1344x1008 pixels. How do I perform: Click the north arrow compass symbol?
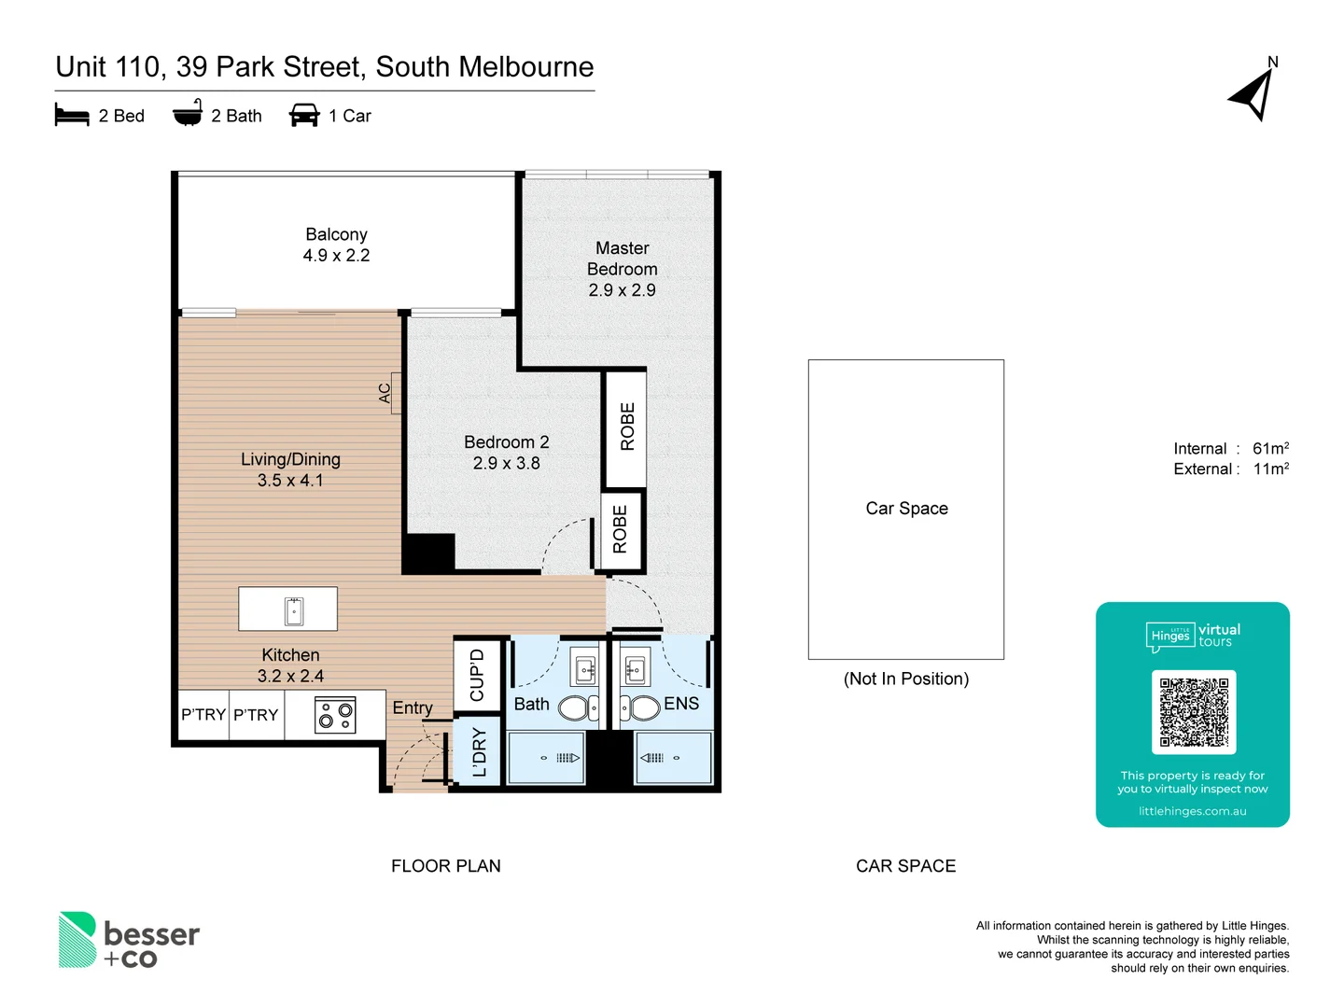coord(1253,94)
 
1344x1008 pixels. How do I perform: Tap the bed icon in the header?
coord(72,116)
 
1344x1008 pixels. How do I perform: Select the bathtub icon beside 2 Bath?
coord(188,114)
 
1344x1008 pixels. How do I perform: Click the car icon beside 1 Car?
coord(304,116)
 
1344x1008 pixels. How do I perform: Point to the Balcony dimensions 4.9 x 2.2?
coord(336,256)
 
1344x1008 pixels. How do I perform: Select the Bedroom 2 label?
coord(506,442)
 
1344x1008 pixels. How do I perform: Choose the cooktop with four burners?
coord(335,716)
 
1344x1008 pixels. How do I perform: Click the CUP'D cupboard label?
coord(477,675)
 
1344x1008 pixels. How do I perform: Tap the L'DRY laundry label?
coord(479,752)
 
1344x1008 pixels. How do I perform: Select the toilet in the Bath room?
coord(578,708)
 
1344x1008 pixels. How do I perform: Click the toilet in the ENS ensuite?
coord(640,707)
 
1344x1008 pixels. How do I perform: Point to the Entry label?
coord(413,708)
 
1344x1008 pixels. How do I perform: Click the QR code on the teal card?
coord(1194,712)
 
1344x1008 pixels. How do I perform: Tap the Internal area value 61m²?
coord(1270,449)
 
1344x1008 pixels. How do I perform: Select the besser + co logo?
coord(130,940)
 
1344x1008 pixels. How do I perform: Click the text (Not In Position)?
coord(905,679)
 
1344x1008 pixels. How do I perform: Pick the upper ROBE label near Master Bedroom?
coord(627,427)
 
